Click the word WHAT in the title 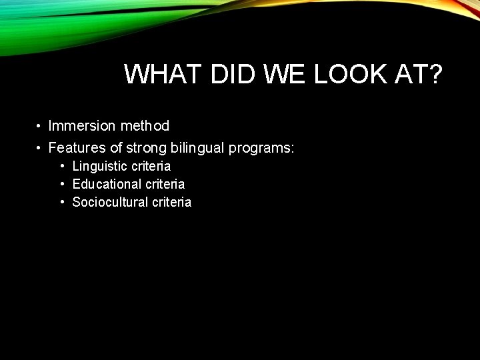[160, 75]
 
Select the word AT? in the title [417, 75]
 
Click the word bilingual [197, 147]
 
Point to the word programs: [261, 147]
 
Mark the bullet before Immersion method [40, 126]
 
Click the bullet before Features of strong [40, 147]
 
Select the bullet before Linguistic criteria [62, 166]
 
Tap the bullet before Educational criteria [62, 184]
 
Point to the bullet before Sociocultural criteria [62, 202]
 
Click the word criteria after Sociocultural [171, 202]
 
